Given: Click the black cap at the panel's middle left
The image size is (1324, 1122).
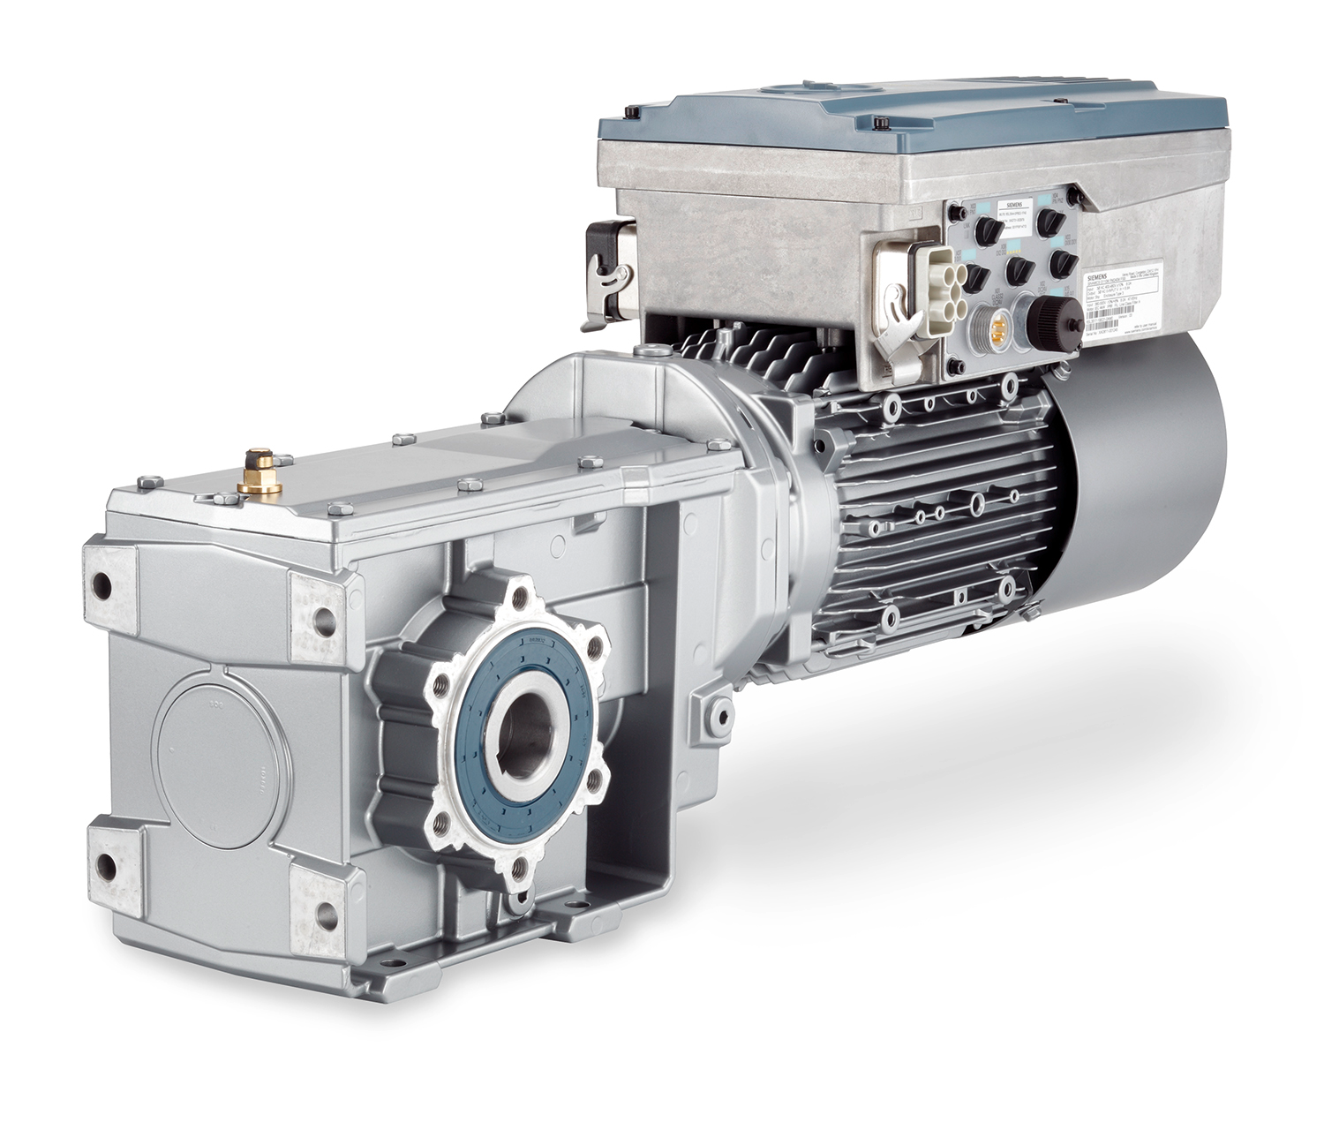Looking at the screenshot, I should (x=974, y=276).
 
